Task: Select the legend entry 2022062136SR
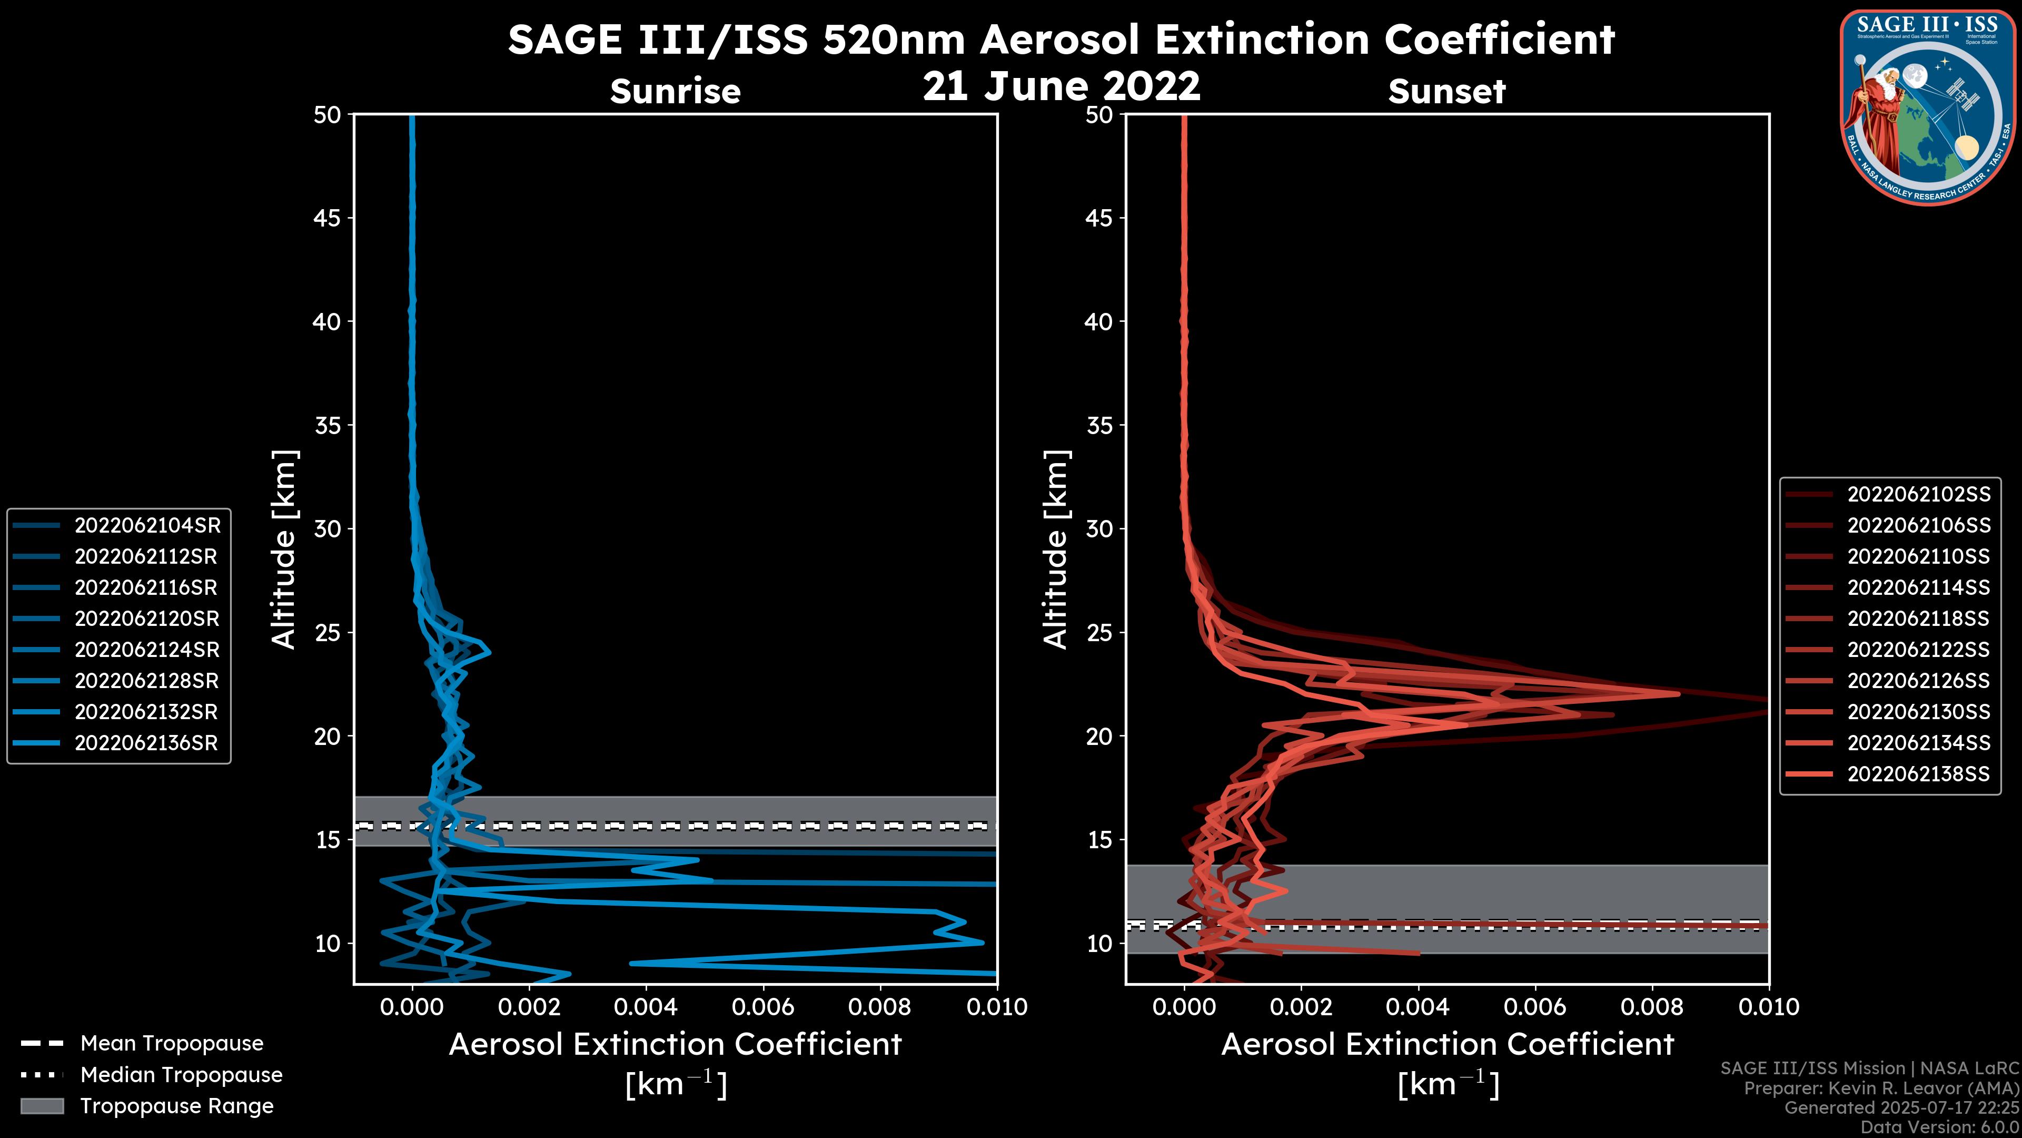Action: click(x=146, y=743)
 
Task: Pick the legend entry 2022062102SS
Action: click(x=1918, y=495)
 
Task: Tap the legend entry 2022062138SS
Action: click(x=1918, y=774)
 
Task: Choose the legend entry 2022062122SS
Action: click(x=1918, y=650)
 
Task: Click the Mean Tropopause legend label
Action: click(x=172, y=1044)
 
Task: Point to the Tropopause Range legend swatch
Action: click(x=42, y=1106)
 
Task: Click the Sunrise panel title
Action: click(x=675, y=92)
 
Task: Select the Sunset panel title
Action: click(x=1446, y=92)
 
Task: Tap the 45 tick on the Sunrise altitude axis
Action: click(x=328, y=218)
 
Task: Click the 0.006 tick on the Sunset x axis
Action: click(x=1535, y=1007)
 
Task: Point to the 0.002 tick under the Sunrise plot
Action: click(x=529, y=1007)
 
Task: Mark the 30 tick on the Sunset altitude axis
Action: click(x=1099, y=528)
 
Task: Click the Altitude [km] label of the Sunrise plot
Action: click(x=284, y=549)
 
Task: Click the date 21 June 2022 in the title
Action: click(x=1061, y=86)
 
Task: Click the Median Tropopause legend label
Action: click(x=181, y=1075)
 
